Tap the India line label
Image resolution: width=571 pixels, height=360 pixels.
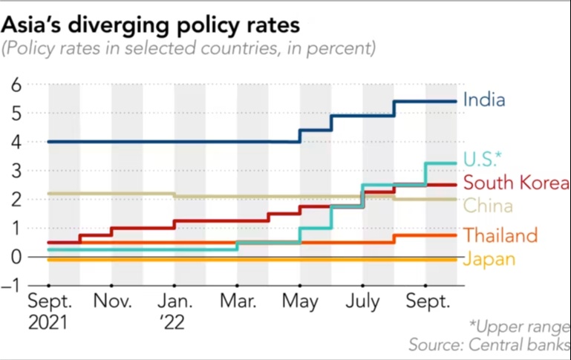pyautogui.click(x=483, y=99)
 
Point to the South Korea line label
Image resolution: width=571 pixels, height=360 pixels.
pyautogui.click(x=515, y=183)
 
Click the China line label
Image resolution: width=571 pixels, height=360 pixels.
pyautogui.click(x=487, y=206)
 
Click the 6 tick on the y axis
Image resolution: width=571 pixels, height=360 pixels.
pyautogui.click(x=16, y=85)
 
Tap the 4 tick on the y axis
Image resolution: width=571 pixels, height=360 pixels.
pyautogui.click(x=16, y=142)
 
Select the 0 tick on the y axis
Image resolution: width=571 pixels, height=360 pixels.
pyautogui.click(x=16, y=257)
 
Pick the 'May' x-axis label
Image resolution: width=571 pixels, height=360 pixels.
pyautogui.click(x=301, y=303)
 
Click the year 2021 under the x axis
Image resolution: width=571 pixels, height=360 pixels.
pyautogui.click(x=48, y=323)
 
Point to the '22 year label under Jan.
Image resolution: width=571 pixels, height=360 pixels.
pyautogui.click(x=175, y=323)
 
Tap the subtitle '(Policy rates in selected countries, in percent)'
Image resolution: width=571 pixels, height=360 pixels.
pyautogui.click(x=189, y=50)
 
